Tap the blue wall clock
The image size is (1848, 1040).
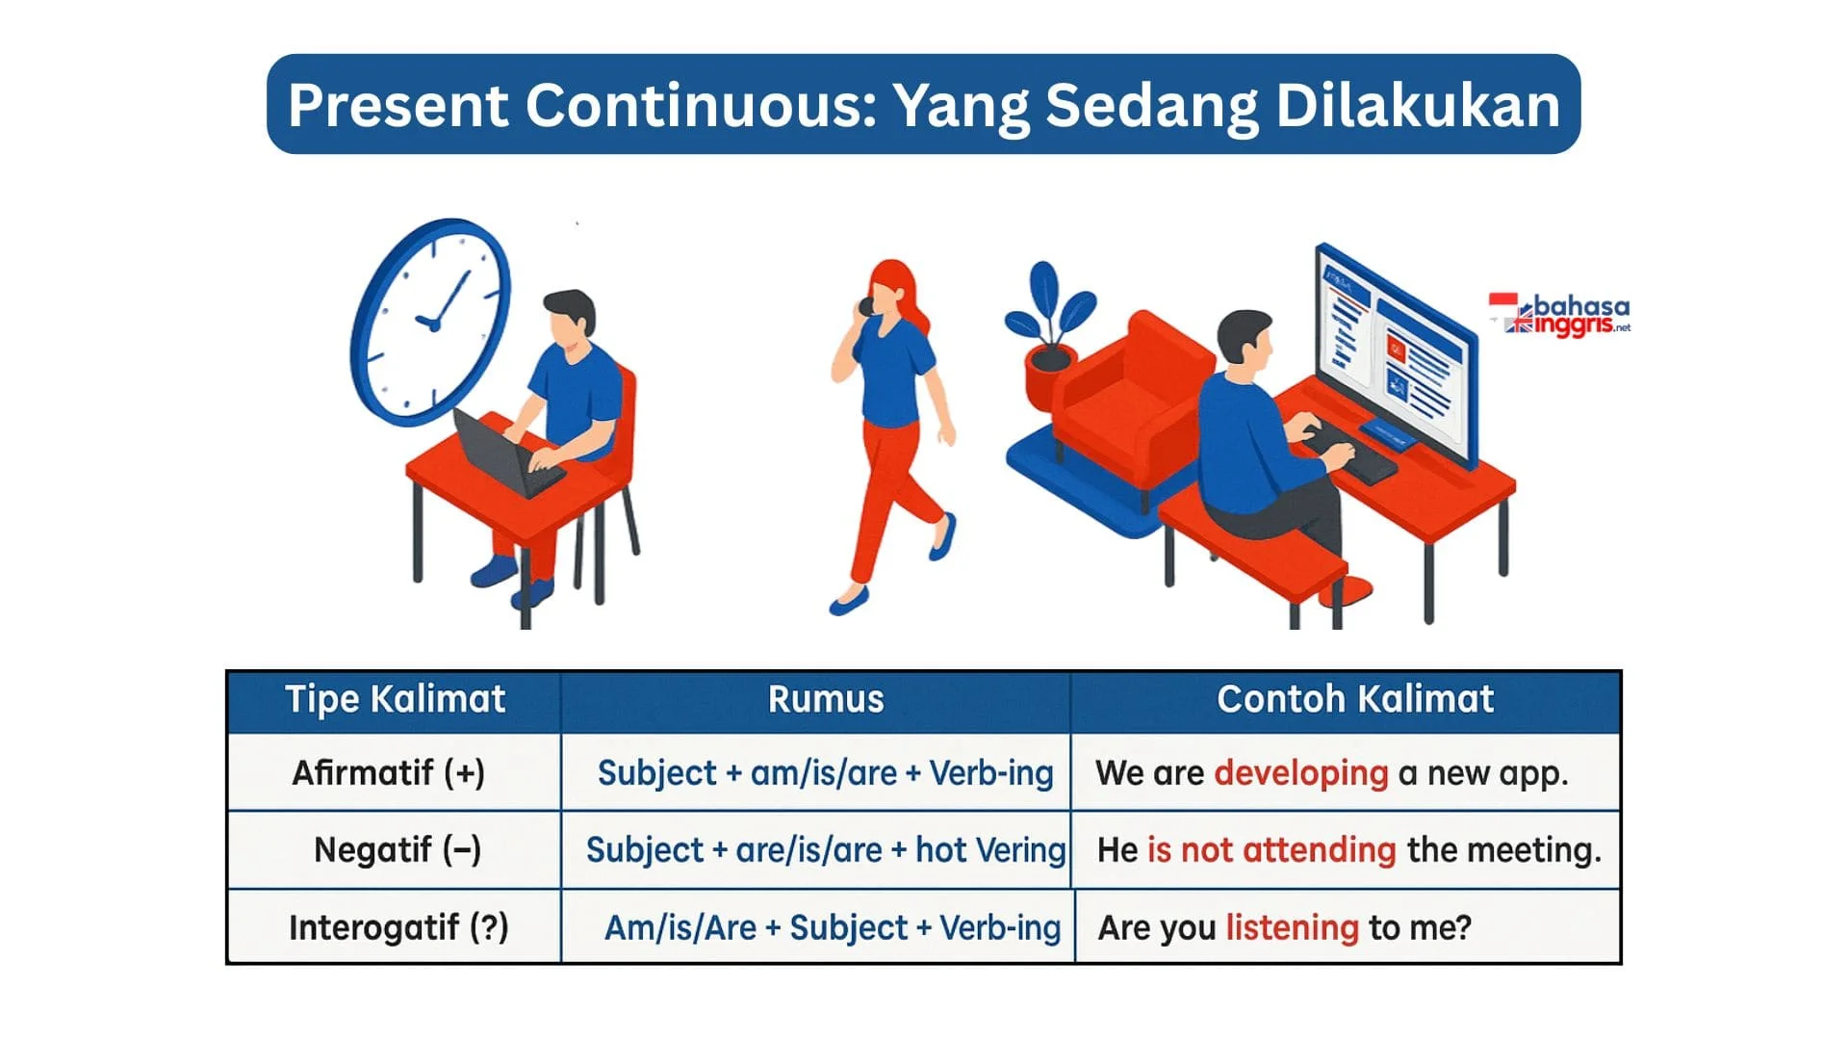click(430, 322)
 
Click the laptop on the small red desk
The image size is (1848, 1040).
click(507, 453)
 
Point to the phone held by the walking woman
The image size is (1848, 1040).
click(865, 307)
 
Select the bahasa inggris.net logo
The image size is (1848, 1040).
click(1560, 315)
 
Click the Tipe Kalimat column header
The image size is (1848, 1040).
click(395, 699)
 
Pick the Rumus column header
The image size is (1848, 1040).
click(826, 699)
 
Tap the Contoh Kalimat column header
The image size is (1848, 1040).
click(1355, 699)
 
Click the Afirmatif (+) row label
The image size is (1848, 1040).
click(389, 773)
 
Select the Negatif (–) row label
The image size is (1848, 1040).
click(398, 850)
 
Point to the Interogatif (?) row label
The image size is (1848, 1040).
click(398, 927)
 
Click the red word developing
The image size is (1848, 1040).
click(1301, 774)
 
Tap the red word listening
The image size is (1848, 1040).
click(1293, 928)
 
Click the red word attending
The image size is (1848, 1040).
click(1319, 851)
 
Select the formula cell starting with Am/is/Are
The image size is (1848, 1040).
click(833, 928)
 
